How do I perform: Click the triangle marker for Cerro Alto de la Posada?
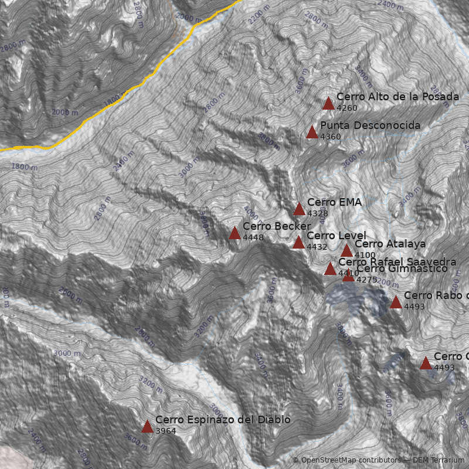tap(328, 104)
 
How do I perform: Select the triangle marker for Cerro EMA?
tap(299, 209)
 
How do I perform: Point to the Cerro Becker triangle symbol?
tap(235, 233)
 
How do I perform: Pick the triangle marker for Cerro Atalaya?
tap(346, 250)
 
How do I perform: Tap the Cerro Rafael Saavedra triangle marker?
tap(330, 269)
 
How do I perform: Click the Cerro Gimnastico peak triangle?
tap(348, 275)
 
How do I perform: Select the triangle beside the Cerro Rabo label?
tap(396, 302)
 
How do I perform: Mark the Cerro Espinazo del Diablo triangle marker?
tap(147, 426)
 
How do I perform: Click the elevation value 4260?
tap(347, 108)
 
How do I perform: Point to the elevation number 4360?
tap(330, 137)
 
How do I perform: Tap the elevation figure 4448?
tap(253, 237)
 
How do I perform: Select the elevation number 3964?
tap(165, 431)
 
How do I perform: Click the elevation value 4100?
tap(365, 255)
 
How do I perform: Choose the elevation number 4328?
tap(317, 213)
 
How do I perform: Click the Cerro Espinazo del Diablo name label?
tap(223, 420)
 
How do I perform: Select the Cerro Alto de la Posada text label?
tap(397, 97)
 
